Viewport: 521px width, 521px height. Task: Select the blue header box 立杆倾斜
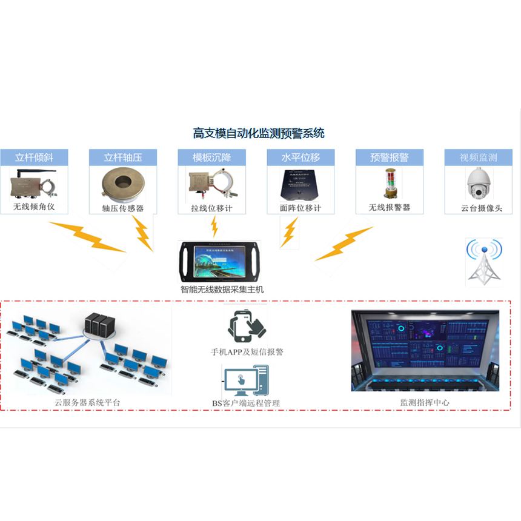coord(35,158)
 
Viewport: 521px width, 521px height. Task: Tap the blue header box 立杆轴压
coord(123,158)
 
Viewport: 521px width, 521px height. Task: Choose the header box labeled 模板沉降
coord(211,158)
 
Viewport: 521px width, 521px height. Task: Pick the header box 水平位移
coord(300,158)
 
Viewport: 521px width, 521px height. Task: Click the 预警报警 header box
coord(390,158)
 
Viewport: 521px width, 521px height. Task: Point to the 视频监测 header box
coord(478,158)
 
